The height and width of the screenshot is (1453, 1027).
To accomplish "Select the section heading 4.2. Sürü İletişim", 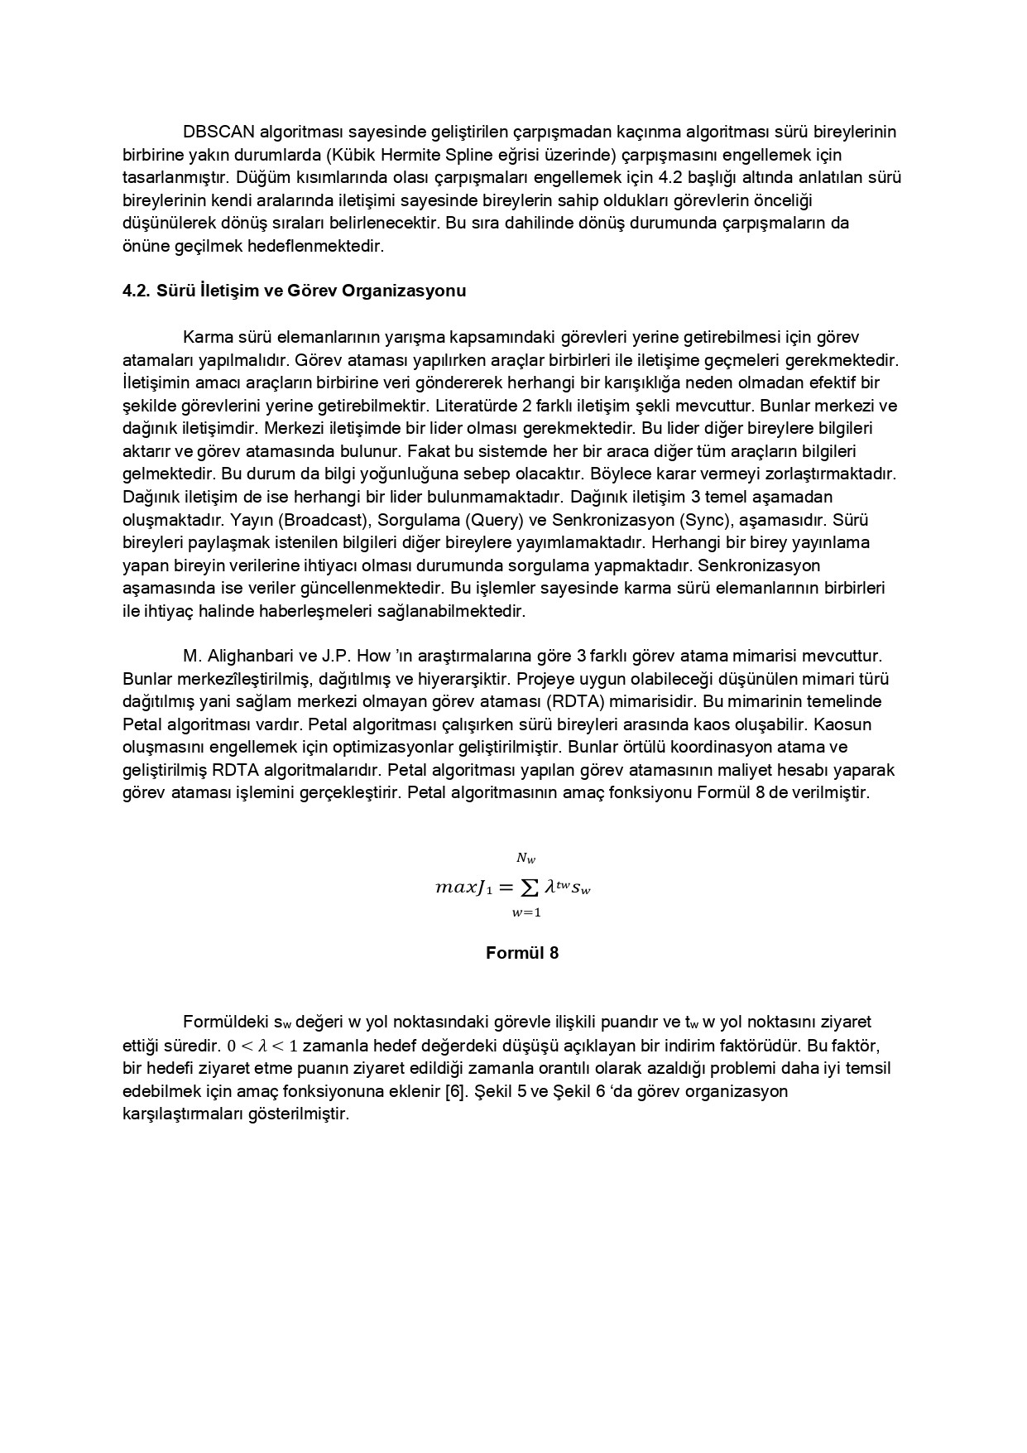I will (294, 291).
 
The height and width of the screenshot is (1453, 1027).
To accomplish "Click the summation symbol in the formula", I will (526, 888).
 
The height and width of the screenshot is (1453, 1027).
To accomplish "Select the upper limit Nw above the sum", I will (526, 859).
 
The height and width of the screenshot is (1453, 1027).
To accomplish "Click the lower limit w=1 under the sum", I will (526, 913).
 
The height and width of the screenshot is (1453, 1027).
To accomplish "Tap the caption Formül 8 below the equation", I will (521, 953).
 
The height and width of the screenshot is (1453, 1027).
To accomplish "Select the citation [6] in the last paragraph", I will (455, 1090).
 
